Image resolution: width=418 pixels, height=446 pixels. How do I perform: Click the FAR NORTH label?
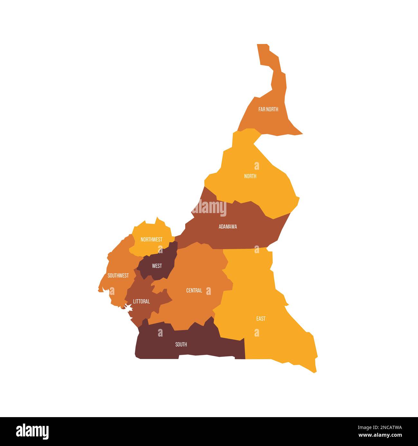[268, 109]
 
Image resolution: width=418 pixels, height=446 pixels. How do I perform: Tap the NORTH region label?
[250, 176]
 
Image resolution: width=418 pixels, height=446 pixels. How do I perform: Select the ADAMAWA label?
[228, 227]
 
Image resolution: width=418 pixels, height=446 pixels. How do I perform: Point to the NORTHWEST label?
[151, 239]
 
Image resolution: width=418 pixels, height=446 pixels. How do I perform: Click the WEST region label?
[157, 266]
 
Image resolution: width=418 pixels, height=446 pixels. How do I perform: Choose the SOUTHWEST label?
[118, 276]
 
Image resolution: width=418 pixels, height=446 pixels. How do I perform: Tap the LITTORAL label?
[141, 302]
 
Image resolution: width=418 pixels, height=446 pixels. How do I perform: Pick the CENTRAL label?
[194, 291]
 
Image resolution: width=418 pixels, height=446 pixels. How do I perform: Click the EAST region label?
[261, 319]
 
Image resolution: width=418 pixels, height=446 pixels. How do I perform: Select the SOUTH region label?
[181, 345]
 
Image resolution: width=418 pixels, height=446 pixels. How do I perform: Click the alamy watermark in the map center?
[209, 208]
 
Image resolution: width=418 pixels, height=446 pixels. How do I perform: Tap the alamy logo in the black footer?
[32, 431]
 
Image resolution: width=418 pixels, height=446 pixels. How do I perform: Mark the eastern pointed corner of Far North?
[301, 133]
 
